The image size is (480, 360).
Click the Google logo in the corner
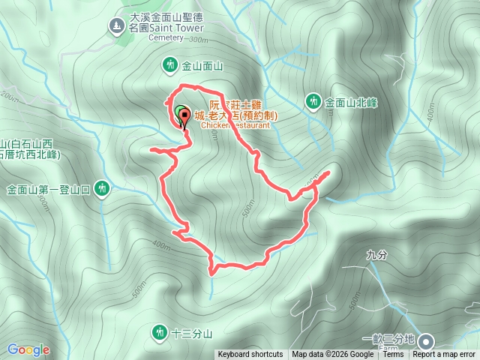click(x=28, y=349)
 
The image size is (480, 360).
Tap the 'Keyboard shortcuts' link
click(x=250, y=355)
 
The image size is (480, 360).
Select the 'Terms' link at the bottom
click(x=393, y=355)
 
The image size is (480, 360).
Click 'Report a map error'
click(x=445, y=355)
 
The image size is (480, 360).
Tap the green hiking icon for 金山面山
click(x=170, y=65)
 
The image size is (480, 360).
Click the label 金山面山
click(x=202, y=66)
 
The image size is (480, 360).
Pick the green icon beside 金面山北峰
click(x=313, y=100)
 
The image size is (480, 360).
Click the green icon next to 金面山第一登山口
click(x=103, y=189)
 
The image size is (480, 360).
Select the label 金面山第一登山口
click(x=49, y=190)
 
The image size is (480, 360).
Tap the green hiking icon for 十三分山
click(x=159, y=331)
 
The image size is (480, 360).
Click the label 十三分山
click(x=192, y=331)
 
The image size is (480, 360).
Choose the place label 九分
click(x=376, y=255)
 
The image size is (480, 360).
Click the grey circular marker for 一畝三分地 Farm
click(x=427, y=339)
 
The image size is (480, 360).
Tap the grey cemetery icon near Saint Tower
click(x=116, y=27)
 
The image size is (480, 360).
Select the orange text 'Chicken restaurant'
click(x=235, y=125)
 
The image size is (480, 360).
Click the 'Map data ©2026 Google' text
click(x=332, y=355)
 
